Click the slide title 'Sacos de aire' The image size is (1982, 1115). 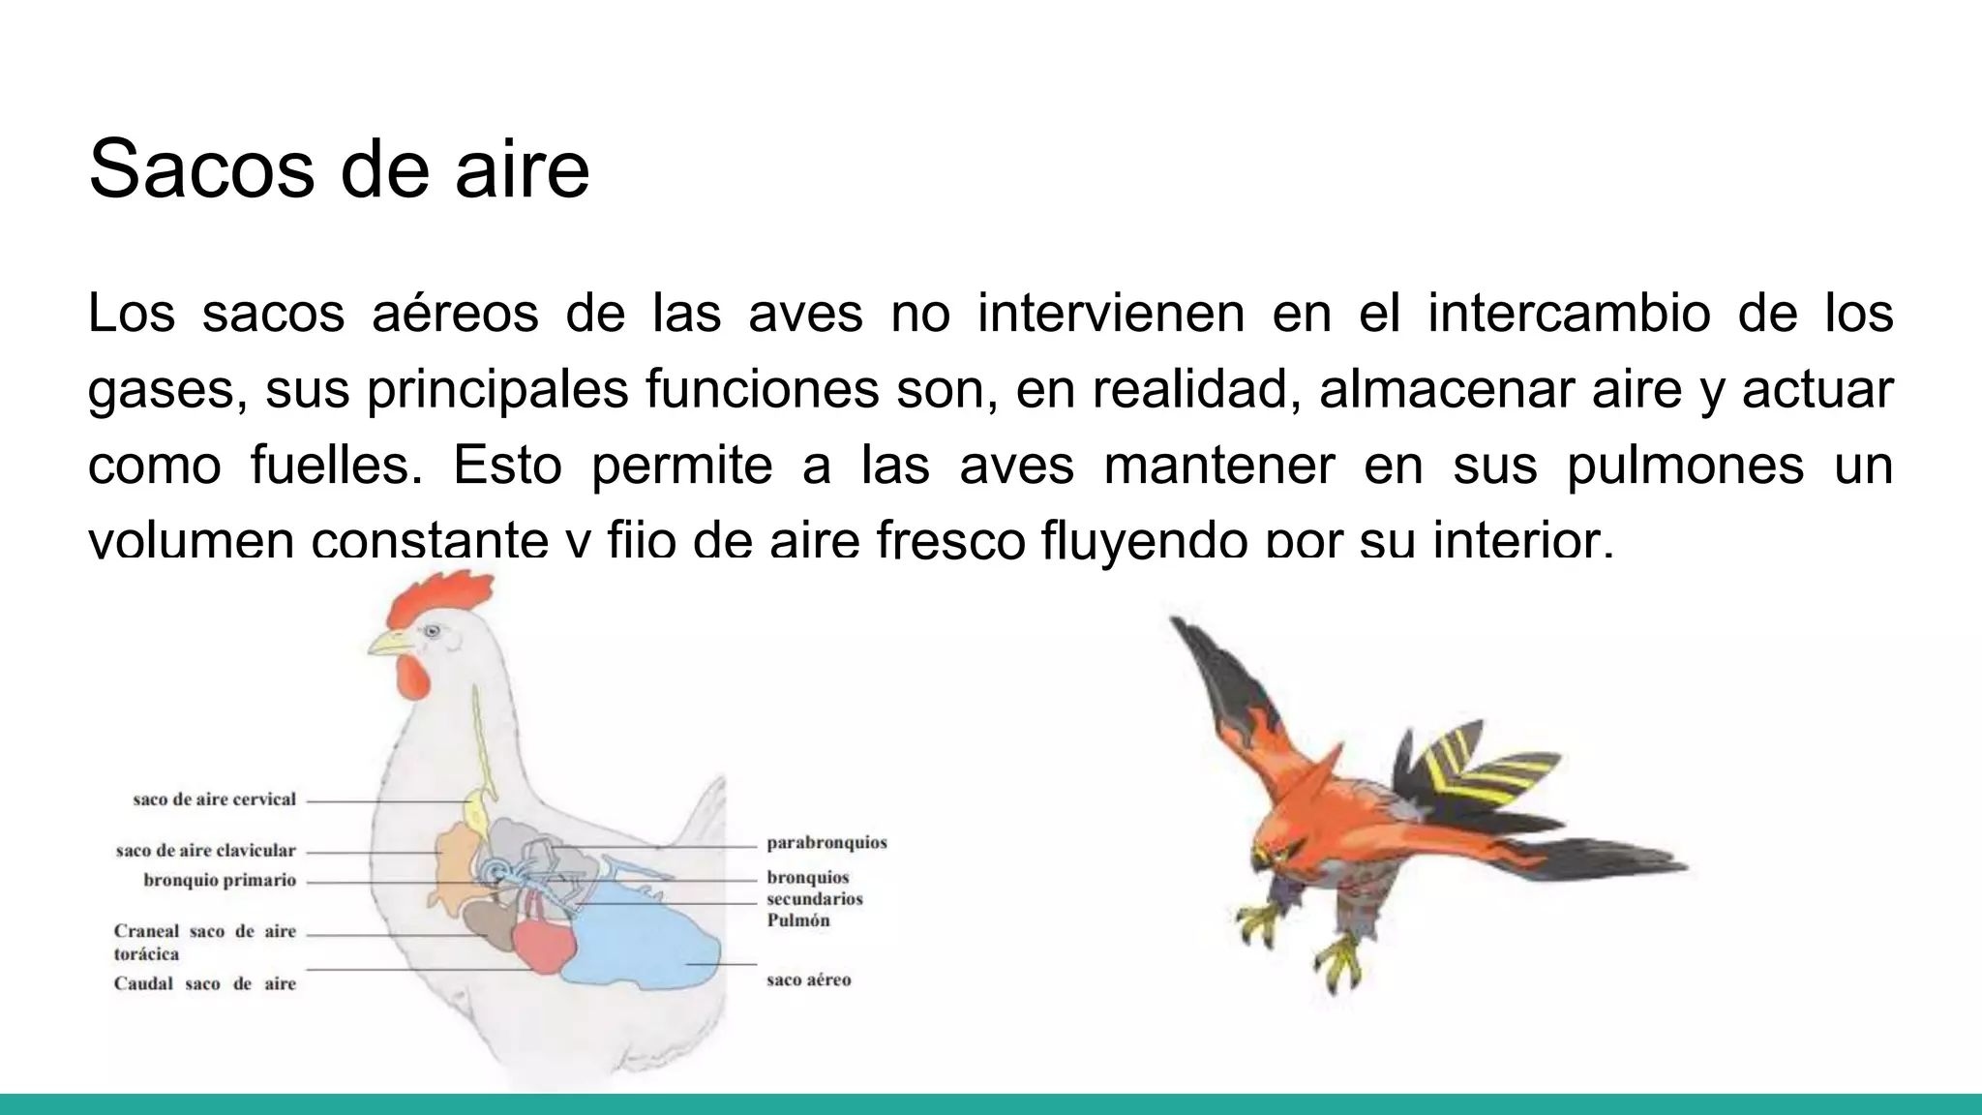pyautogui.click(x=339, y=169)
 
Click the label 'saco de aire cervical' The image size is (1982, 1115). pyautogui.click(x=214, y=800)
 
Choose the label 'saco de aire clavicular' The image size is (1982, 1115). pyautogui.click(x=205, y=851)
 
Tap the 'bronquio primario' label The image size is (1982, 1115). pyautogui.click(x=220, y=881)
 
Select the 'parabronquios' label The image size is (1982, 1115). pyautogui.click(x=826, y=843)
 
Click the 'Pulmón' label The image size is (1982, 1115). pyautogui.click(x=798, y=920)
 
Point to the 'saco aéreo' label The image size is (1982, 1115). pyautogui.click(x=809, y=980)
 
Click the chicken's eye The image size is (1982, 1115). pyautogui.click(x=432, y=631)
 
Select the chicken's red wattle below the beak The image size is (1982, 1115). pyautogui.click(x=413, y=678)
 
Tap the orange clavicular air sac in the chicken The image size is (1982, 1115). pyautogui.click(x=455, y=857)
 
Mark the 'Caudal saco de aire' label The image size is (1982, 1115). pyautogui.click(x=205, y=984)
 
